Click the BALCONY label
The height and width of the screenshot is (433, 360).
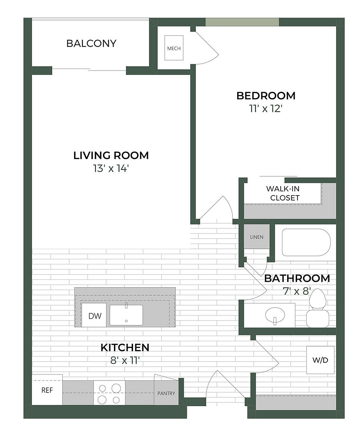click(x=91, y=44)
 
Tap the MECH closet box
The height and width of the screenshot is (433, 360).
click(x=174, y=48)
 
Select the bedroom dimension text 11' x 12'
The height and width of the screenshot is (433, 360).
click(x=266, y=109)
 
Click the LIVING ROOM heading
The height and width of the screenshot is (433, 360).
click(x=111, y=156)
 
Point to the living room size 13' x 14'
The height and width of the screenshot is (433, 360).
click(x=111, y=168)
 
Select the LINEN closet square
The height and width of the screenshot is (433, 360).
click(x=257, y=237)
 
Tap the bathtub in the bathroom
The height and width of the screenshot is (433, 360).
click(x=306, y=242)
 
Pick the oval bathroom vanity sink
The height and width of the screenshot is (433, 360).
click(x=275, y=315)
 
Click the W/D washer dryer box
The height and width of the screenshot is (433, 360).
click(x=320, y=360)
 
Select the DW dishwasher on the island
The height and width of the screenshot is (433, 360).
click(x=95, y=316)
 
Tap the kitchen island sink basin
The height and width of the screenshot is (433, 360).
click(x=126, y=315)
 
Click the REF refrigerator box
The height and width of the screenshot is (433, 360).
click(x=47, y=390)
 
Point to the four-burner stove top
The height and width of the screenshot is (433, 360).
click(x=109, y=393)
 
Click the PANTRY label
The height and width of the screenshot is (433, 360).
click(x=166, y=393)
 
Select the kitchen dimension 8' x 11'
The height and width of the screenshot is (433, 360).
click(x=125, y=360)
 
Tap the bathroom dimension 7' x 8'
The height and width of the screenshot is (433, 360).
click(x=297, y=291)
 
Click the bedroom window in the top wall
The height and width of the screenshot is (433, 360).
click(x=242, y=22)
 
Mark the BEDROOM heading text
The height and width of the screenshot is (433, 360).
click(x=266, y=96)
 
